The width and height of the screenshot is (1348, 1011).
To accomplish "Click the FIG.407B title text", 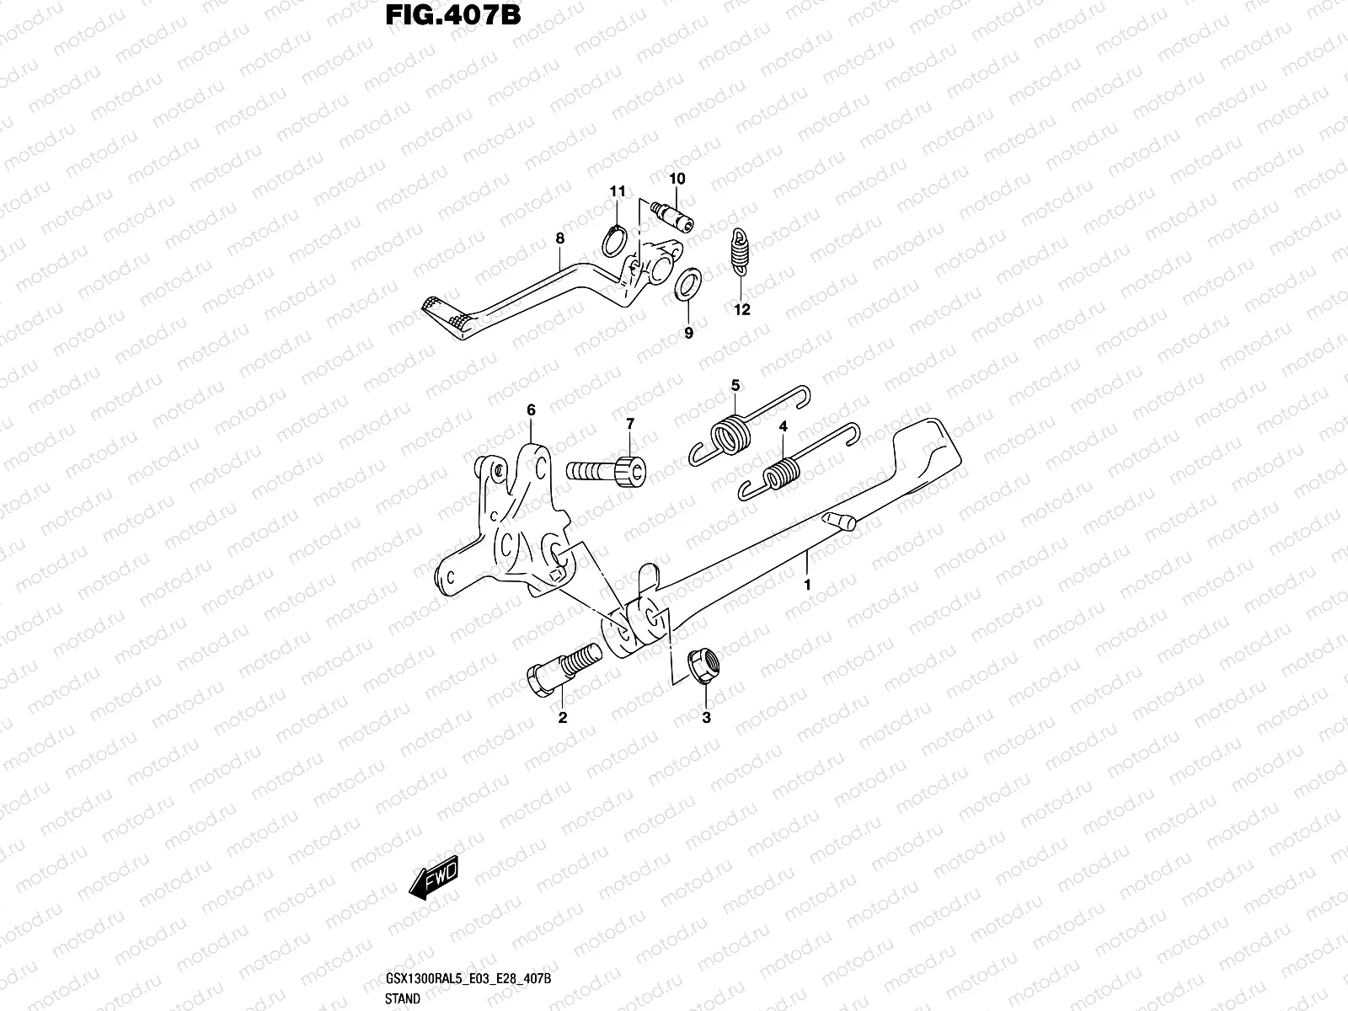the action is (x=452, y=14).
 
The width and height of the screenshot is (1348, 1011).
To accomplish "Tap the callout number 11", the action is (x=618, y=191).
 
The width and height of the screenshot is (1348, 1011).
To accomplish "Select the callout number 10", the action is (x=677, y=179).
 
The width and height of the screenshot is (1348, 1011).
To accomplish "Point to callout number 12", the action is (x=742, y=309).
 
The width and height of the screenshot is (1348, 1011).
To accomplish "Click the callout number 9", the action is (x=688, y=333).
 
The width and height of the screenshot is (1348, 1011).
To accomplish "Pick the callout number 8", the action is (x=559, y=238).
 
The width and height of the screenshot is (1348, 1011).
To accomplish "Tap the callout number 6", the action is (x=532, y=409).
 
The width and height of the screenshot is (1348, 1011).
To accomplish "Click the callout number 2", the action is (x=563, y=717).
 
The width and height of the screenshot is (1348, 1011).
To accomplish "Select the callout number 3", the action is (x=706, y=717).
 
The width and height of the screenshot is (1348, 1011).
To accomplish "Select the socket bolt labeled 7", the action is (x=606, y=472).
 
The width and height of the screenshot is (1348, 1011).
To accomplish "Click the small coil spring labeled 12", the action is (x=740, y=252).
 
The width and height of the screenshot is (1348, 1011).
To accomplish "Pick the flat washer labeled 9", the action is (x=687, y=284).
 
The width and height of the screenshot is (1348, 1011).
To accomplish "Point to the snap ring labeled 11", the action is (x=614, y=241).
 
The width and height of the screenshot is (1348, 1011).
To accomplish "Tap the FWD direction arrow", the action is (x=434, y=878).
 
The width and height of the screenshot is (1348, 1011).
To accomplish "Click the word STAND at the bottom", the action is (x=403, y=998).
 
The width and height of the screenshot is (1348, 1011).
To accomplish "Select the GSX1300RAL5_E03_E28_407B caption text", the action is (x=468, y=978).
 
